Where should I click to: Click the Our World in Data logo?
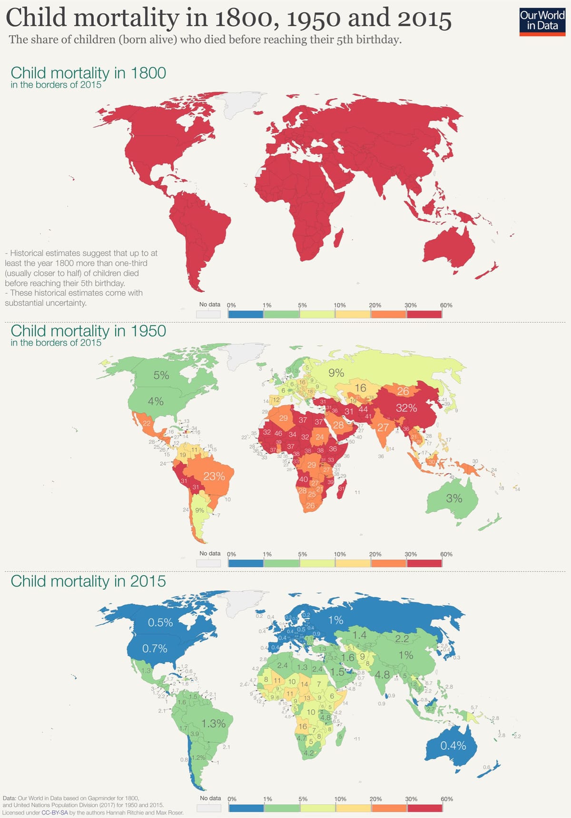542,21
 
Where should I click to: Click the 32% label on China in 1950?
406,408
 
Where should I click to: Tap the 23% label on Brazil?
214,476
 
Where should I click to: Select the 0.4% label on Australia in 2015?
453,746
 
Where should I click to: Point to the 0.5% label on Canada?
160,623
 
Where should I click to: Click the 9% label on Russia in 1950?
336,373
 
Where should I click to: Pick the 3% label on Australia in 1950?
454,499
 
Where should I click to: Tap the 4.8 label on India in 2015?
382,675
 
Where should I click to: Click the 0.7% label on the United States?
155,648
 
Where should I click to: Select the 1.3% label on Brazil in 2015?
214,724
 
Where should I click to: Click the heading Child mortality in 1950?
88,331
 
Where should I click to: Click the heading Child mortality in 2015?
88,581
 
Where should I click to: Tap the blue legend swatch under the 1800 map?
246,314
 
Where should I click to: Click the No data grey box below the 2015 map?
209,808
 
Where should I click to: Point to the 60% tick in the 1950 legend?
446,554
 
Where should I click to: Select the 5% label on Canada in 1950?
161,375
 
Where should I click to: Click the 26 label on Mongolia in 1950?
403,391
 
